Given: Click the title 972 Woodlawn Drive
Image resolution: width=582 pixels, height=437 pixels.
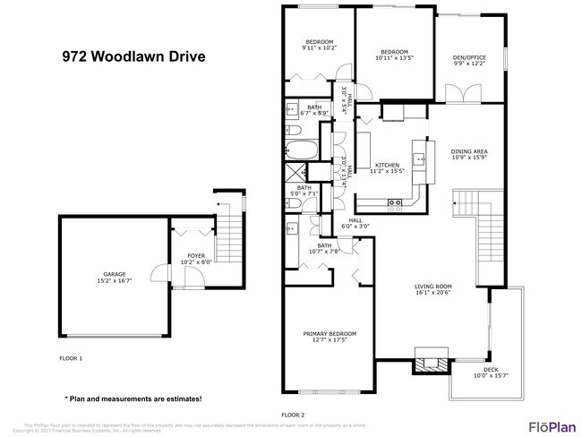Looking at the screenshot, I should pyautogui.click(x=133, y=56).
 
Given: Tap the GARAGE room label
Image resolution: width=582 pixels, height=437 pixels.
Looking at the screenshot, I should pyautogui.click(x=115, y=275).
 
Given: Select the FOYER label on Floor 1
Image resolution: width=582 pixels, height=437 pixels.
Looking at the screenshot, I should pyautogui.click(x=196, y=256).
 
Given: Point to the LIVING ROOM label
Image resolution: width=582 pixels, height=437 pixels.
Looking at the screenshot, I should pyautogui.click(x=436, y=287).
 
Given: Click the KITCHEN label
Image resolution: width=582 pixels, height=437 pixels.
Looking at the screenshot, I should pyautogui.click(x=388, y=165).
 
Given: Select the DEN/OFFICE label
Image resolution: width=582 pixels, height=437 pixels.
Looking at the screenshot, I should pyautogui.click(x=470, y=57).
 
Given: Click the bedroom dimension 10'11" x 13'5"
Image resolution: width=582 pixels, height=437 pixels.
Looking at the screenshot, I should pyautogui.click(x=394, y=58).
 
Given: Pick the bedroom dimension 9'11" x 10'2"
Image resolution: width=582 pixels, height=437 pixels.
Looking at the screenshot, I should pyautogui.click(x=319, y=48).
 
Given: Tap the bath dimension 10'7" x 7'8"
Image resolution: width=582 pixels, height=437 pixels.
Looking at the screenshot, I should pyautogui.click(x=324, y=252).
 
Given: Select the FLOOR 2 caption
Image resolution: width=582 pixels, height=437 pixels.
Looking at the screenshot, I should pyautogui.click(x=293, y=416).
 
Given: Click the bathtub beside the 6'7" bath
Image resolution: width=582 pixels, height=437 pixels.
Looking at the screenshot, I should pyautogui.click(x=299, y=149).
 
